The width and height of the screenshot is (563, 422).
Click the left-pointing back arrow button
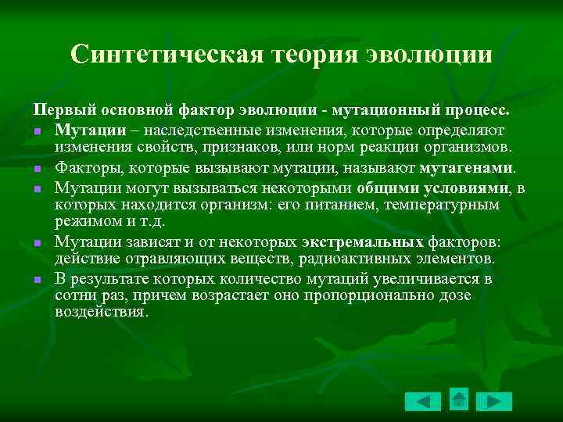click(423, 401)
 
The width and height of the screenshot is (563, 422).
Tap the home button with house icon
click(459, 399)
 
